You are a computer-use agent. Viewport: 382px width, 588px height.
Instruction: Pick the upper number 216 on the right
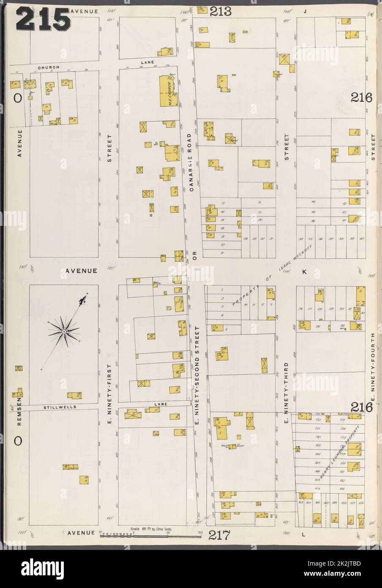click(361, 98)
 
